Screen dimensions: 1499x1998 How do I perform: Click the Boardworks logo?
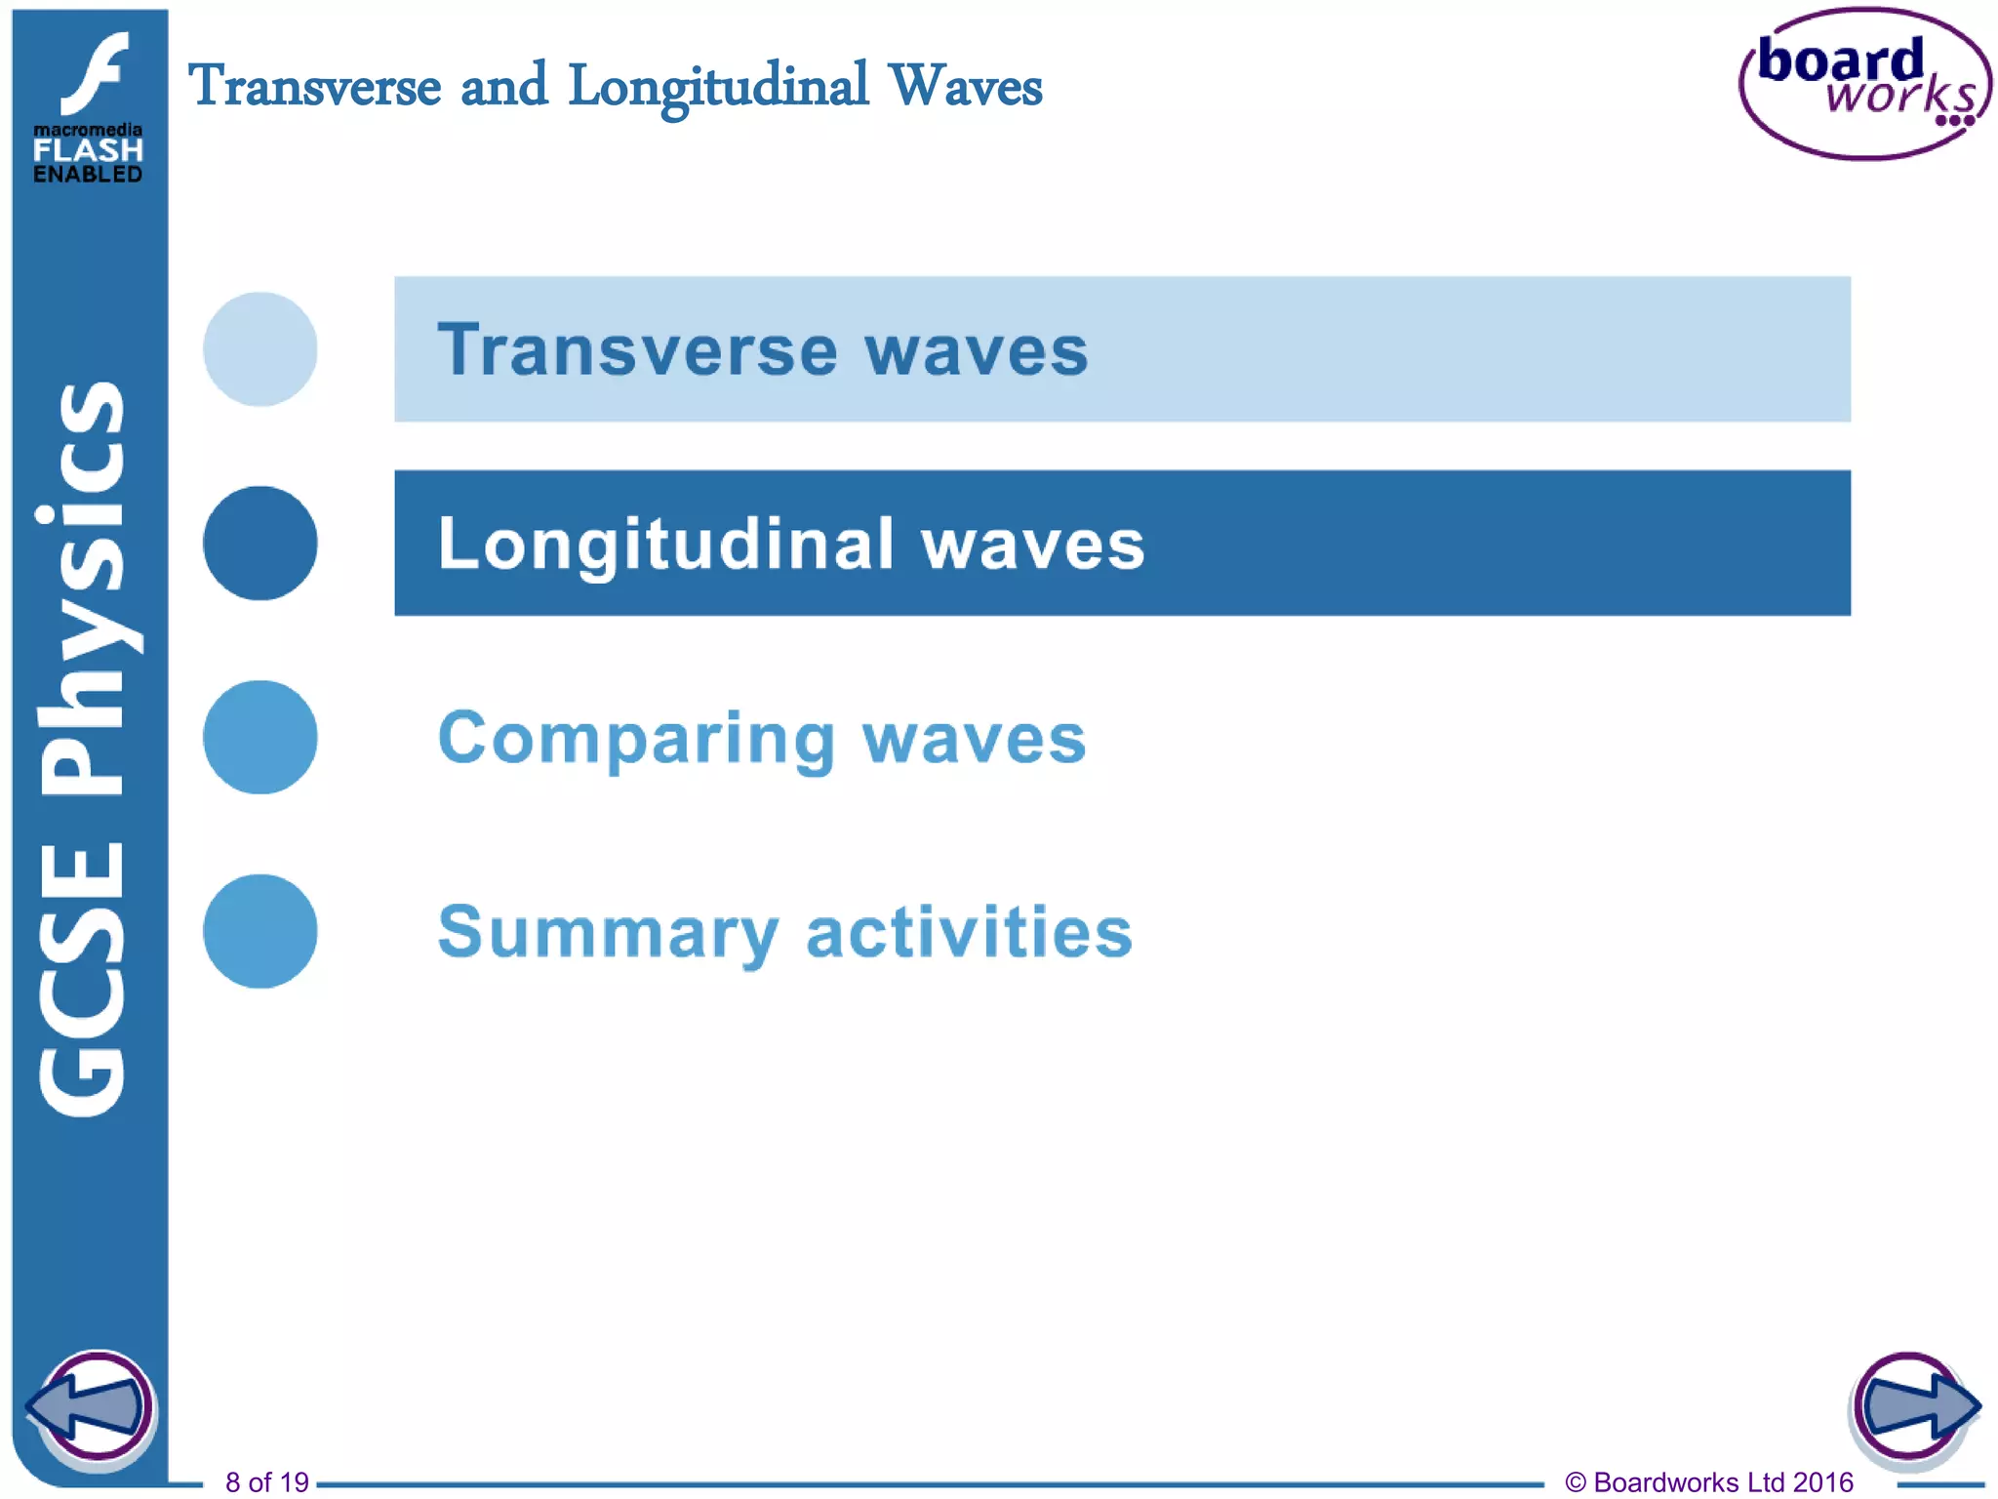click(x=1864, y=84)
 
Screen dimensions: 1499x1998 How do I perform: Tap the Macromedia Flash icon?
click(x=94, y=72)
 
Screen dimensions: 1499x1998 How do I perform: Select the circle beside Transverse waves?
click(x=260, y=349)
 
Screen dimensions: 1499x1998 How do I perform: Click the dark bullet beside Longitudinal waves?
click(x=260, y=543)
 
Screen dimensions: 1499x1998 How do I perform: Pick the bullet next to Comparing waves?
click(x=260, y=737)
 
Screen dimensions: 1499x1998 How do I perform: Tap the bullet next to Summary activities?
click(x=260, y=931)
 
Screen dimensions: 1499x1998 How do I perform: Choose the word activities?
click(x=969, y=932)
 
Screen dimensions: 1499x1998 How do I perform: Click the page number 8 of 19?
click(x=266, y=1482)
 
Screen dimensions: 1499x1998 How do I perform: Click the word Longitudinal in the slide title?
click(x=718, y=86)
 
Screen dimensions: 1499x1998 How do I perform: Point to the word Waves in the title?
click(x=966, y=86)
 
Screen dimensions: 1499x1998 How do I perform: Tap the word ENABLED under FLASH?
click(x=88, y=175)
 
